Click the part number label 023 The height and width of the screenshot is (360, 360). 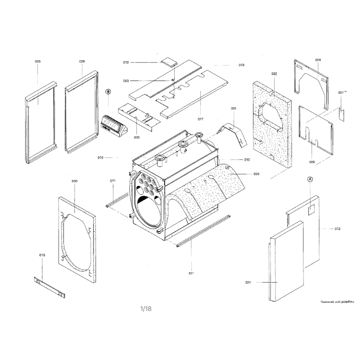tap(37, 60)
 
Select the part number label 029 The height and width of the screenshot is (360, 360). tap(82, 60)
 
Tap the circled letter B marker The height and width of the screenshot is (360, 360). tap(108, 91)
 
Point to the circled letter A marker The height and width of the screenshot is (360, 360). tap(310, 179)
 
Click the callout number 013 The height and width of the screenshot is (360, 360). tap(126, 62)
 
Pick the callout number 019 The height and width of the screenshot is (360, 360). tap(241, 65)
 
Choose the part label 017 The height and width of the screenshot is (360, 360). tap(200, 119)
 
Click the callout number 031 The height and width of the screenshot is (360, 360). tap(234, 109)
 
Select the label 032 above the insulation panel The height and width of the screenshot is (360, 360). tap(274, 73)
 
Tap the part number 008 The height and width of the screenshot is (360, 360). tap(318, 60)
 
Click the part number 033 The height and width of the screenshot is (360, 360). tap(256, 174)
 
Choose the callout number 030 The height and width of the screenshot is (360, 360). tap(75, 181)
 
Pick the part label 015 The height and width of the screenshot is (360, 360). tap(42, 255)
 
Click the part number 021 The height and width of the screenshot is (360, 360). tap(248, 282)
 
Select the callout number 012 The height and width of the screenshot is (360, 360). tap(337, 229)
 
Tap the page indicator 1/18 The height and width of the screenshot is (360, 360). tap(146, 308)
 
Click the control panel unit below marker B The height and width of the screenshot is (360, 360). tap(113, 124)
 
